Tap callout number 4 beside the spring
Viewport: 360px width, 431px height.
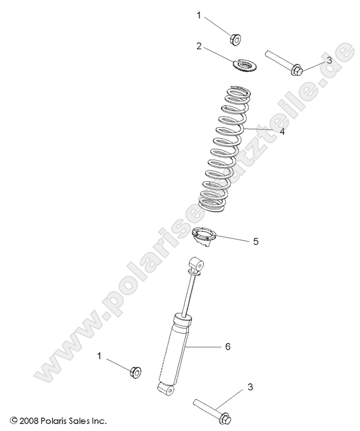282,131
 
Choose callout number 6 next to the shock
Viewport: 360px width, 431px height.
227,347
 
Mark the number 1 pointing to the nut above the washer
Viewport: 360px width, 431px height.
199,15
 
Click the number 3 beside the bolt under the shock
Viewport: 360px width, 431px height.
250,387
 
